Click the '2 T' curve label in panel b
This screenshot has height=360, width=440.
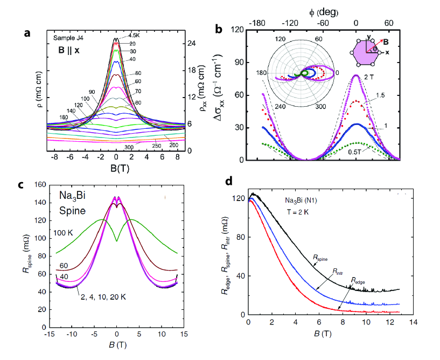(x=369, y=77)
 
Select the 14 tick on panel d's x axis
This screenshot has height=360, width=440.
(x=413, y=323)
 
